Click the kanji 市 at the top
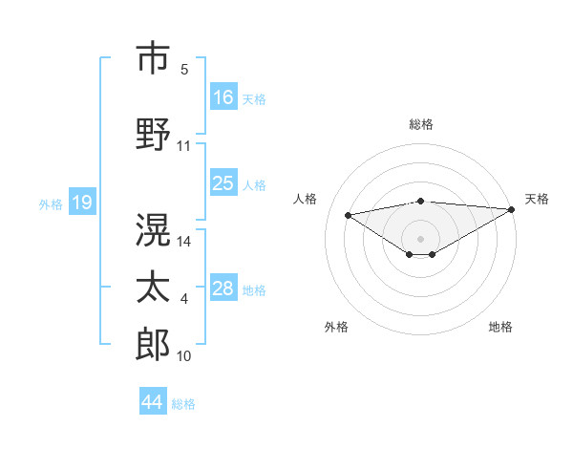coord(154,58)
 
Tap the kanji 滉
coord(154,230)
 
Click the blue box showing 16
coord(223,96)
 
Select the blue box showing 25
coord(223,183)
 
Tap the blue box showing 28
coord(223,289)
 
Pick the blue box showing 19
coord(81,203)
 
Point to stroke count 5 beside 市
coord(184,70)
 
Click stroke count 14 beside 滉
coord(184,242)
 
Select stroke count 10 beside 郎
coord(184,356)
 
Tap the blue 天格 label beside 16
coord(254,98)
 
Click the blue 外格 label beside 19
coord(50,203)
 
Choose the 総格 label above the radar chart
coord(420,124)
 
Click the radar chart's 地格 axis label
coord(500,327)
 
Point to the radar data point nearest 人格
coord(349,214)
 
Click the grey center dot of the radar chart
coord(420,237)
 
